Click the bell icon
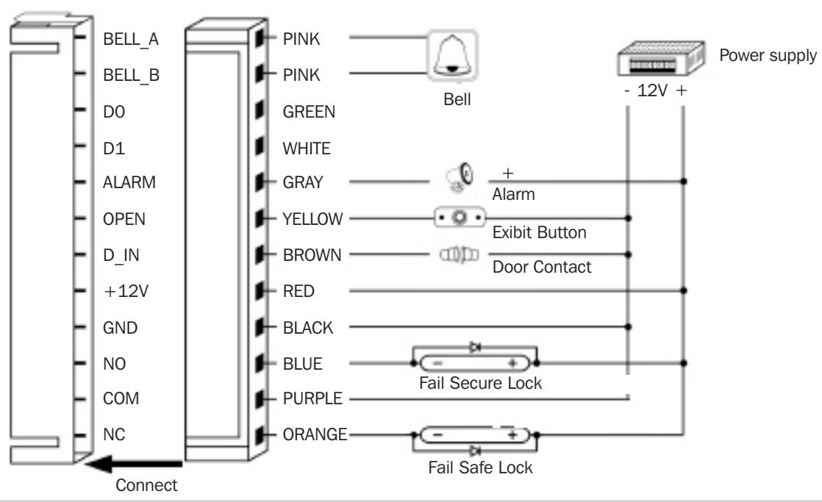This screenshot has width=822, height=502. click(x=452, y=56)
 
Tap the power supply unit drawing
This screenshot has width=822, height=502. click(x=661, y=60)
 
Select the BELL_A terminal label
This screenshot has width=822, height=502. click(x=131, y=39)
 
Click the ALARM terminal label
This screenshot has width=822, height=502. click(x=129, y=182)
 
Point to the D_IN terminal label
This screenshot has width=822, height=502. click(x=121, y=255)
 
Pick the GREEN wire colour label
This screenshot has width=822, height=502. click(x=309, y=112)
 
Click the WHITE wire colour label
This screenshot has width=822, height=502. click(x=307, y=148)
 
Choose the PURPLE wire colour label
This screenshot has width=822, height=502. click(x=312, y=398)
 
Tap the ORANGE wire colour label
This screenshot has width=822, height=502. click(x=315, y=434)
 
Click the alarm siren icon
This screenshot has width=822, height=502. click(x=460, y=177)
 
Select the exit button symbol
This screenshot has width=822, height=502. click(x=460, y=217)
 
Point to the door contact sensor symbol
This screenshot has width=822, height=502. click(x=459, y=254)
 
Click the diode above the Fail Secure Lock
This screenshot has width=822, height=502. click(x=476, y=347)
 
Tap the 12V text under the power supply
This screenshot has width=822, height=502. click(x=652, y=90)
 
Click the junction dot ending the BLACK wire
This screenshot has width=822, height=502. click(x=628, y=327)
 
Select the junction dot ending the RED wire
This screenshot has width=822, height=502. click(x=684, y=290)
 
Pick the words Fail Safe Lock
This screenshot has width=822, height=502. click(x=480, y=467)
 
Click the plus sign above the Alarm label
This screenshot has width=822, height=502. click(x=507, y=173)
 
